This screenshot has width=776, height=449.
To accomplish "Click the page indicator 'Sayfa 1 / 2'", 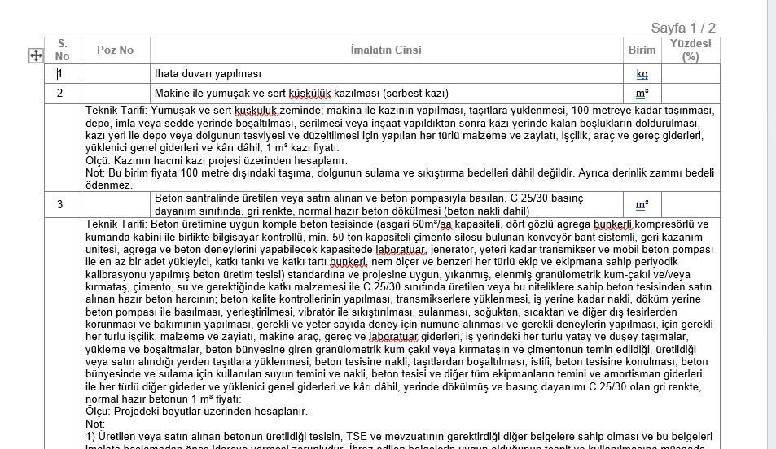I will click(x=683, y=28).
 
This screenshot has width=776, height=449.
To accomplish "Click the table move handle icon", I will click(x=36, y=55).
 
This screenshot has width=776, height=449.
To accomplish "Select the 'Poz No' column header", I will click(x=115, y=50).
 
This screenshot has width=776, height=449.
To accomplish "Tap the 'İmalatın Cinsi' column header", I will click(x=386, y=50).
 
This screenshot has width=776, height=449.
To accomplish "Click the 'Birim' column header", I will click(x=642, y=50).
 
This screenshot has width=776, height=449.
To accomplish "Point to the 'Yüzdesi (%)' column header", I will click(x=690, y=50).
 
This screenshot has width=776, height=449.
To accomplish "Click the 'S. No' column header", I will click(x=63, y=50).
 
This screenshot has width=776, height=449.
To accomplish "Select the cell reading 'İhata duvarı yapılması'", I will click(x=208, y=74).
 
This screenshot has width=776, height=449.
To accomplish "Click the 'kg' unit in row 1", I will click(x=642, y=74).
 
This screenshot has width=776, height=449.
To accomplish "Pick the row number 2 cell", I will click(x=59, y=93).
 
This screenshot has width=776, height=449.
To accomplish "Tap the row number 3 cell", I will click(x=59, y=204).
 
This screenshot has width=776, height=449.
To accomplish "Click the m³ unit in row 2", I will click(x=642, y=93).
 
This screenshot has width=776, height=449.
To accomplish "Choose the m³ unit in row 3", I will click(x=642, y=204).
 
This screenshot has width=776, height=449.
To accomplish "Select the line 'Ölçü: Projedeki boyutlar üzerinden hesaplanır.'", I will click(x=196, y=412).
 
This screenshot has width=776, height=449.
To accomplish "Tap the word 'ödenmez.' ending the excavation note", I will click(x=109, y=185).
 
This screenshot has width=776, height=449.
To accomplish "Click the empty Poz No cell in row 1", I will click(x=115, y=74).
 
